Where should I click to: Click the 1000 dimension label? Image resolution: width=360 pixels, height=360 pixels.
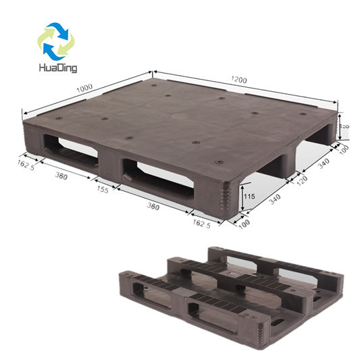85,88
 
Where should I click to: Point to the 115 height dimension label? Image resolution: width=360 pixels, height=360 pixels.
250,196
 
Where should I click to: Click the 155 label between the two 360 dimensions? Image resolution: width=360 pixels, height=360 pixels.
103,190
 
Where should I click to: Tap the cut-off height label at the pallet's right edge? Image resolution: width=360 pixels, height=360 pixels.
344,126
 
